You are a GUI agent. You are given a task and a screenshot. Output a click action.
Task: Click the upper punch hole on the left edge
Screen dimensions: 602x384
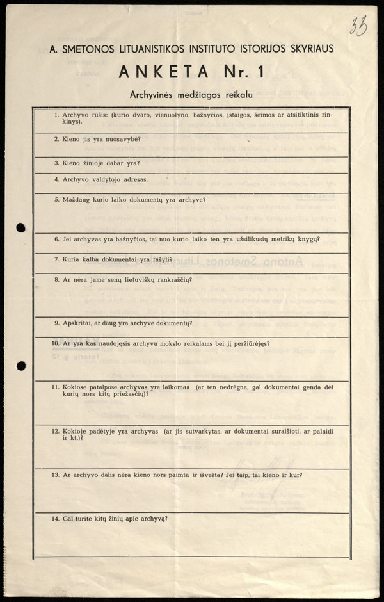pos(20,227)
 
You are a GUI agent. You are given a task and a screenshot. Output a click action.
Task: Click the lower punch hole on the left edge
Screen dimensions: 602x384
pos(20,366)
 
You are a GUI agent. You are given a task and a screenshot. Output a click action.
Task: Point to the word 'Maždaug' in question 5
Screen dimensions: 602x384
pos(76,199)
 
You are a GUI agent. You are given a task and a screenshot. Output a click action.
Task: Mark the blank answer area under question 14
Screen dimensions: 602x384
pos(192,538)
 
